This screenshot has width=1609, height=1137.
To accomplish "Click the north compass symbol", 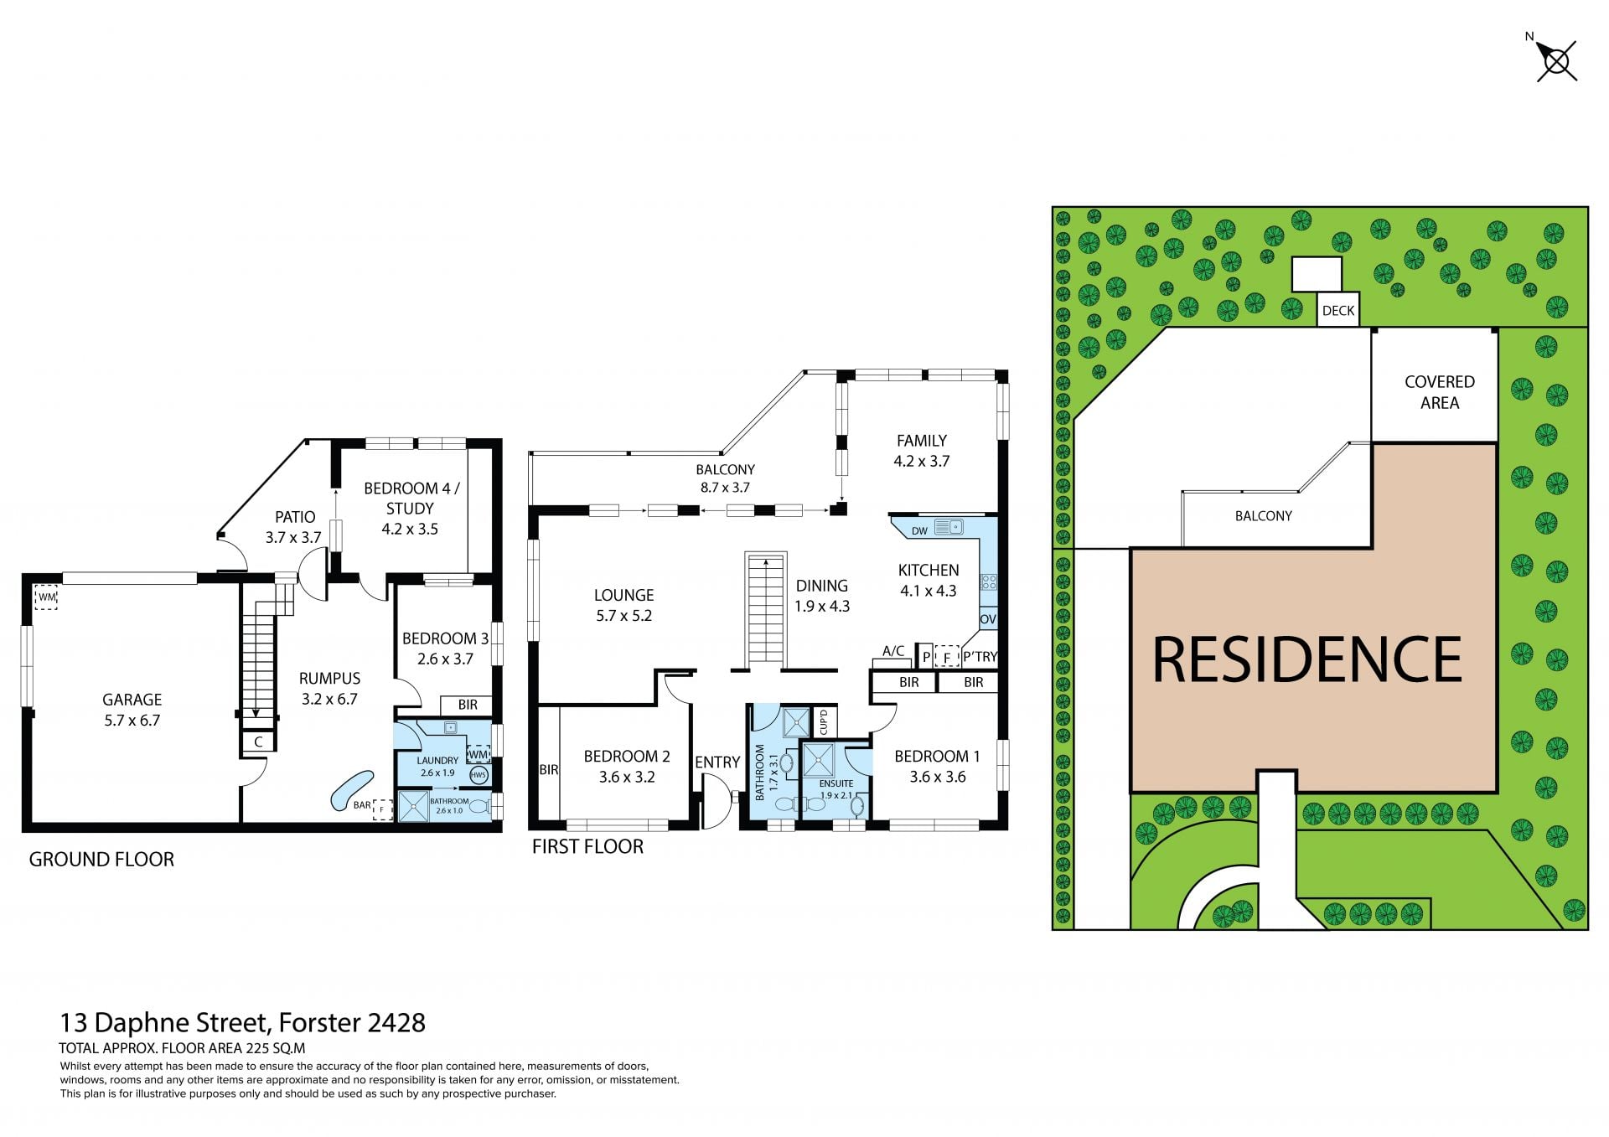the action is coord(1556,61).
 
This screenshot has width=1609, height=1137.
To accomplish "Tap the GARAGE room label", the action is coord(132,700).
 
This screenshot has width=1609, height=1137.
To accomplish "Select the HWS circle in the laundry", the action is coord(479,775).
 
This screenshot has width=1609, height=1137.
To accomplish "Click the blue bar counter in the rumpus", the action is coord(351,789).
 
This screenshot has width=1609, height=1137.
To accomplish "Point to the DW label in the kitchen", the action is coord(919,530).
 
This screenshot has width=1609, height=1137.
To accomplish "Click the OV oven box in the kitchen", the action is coord(988,618).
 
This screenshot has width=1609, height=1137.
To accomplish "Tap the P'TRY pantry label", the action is coord(980,657).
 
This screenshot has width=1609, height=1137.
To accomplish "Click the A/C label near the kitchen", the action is coord(893,651).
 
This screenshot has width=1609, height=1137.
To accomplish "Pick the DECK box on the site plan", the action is coord(1338,310).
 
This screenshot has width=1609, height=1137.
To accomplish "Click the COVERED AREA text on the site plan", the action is coord(1440,392).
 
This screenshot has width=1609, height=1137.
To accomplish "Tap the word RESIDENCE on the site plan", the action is coord(1307,660).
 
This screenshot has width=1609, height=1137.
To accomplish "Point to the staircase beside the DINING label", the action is coord(765,608).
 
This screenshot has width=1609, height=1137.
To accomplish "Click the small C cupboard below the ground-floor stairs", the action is coord(258,742).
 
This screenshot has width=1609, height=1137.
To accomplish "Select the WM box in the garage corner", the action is coord(46,597).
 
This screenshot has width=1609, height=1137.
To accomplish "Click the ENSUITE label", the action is coord(836,783).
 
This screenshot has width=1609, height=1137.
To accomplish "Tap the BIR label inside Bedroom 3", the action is coord(468,705).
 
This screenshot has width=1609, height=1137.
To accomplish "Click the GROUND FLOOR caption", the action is coord(101,860).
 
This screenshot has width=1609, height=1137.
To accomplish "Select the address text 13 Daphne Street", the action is coord(164,1023).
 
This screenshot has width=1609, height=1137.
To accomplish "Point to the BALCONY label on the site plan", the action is coord(1264,516).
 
